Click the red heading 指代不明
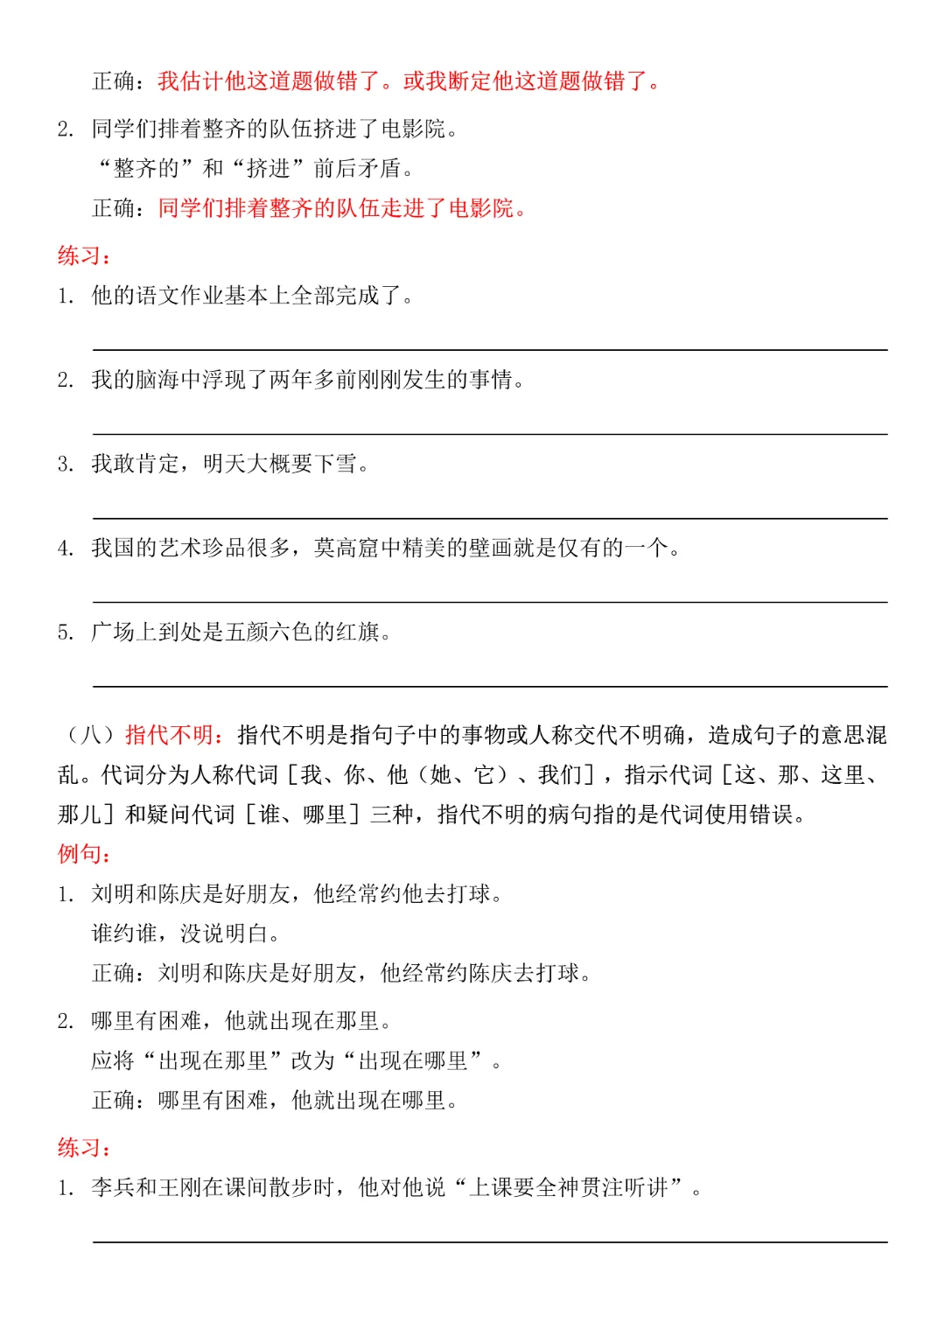coord(169,735)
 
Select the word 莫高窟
coord(347,549)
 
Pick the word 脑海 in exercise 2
coord(157,380)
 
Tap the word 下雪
coord(336,464)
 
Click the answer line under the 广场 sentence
coord(490,686)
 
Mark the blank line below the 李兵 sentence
coord(490,1242)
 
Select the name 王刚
coord(180,1187)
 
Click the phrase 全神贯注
coord(580,1187)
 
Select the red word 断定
coord(470,81)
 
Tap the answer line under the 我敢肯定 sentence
coord(490,518)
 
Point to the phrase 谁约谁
coord(124,934)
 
